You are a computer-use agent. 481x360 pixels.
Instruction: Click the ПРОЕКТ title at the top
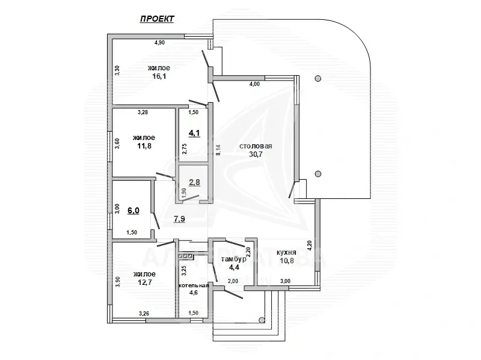pyautogui.click(x=157, y=19)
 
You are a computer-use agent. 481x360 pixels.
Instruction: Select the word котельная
pyautogui.click(x=193, y=285)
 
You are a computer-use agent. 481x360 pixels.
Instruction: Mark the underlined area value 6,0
pyautogui.click(x=133, y=210)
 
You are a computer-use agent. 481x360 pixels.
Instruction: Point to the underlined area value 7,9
pyautogui.click(x=179, y=219)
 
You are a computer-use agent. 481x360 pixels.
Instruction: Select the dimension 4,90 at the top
pyautogui.click(x=159, y=43)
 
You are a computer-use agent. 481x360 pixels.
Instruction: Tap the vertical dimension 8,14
pyautogui.click(x=218, y=150)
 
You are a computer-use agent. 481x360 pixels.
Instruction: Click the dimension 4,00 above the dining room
pyautogui.click(x=254, y=84)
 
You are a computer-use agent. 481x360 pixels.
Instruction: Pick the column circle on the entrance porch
pyautogui.click(x=262, y=320)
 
